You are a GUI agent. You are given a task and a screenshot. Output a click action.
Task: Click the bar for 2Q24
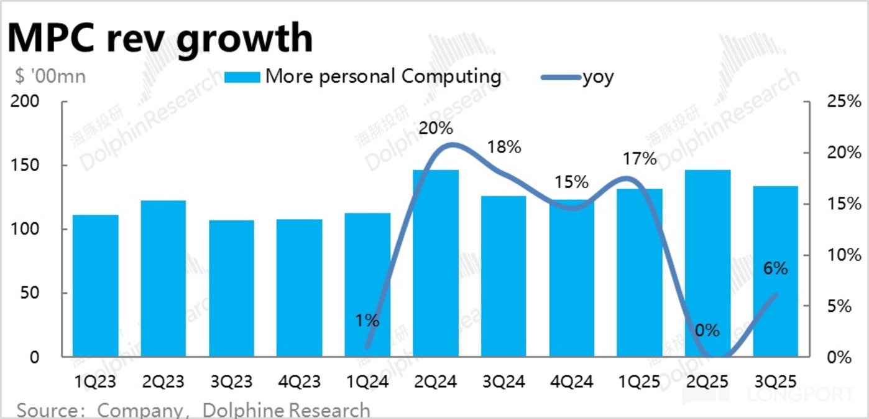click(x=435, y=263)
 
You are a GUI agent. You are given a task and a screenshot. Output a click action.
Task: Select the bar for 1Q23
click(x=95, y=286)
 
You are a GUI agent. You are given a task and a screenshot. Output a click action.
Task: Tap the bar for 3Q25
click(x=775, y=271)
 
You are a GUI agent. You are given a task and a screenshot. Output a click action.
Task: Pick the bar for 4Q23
click(x=299, y=288)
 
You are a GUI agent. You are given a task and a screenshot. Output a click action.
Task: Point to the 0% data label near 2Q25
click(x=707, y=330)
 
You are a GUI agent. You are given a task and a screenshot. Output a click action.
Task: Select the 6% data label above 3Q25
click(x=775, y=268)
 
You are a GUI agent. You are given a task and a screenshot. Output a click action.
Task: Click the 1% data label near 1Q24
click(x=367, y=321)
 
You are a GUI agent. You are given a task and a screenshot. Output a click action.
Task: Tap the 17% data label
click(x=640, y=159)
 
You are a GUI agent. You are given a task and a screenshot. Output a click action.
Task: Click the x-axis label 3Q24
click(x=503, y=380)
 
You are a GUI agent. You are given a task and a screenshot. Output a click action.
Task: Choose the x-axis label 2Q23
click(x=163, y=380)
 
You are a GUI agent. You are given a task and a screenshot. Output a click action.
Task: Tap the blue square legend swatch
click(x=242, y=77)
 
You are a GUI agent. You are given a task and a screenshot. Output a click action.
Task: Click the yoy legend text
click(x=597, y=77)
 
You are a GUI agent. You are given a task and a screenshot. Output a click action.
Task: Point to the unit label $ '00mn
click(x=50, y=77)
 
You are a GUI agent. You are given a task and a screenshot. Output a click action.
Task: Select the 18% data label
click(x=503, y=148)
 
